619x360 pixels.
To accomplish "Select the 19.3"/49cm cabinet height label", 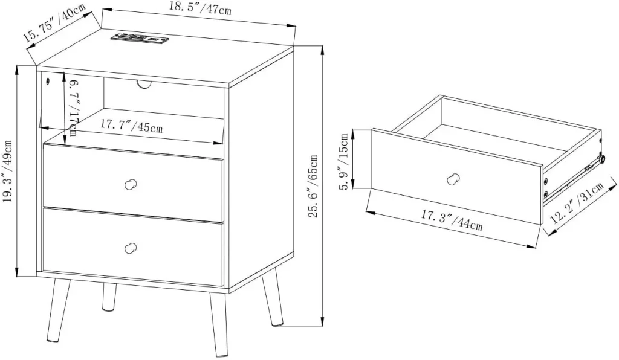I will tap(8, 172).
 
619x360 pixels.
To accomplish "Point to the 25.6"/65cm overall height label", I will tap(313, 187).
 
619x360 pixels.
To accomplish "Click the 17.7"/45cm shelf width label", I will tap(131, 126).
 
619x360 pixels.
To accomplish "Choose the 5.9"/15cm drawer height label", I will tap(345, 161).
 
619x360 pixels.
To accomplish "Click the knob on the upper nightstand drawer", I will tap(131, 185).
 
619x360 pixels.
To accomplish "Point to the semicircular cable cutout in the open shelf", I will tap(144, 85).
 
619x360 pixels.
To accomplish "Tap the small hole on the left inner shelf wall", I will tap(48, 82).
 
